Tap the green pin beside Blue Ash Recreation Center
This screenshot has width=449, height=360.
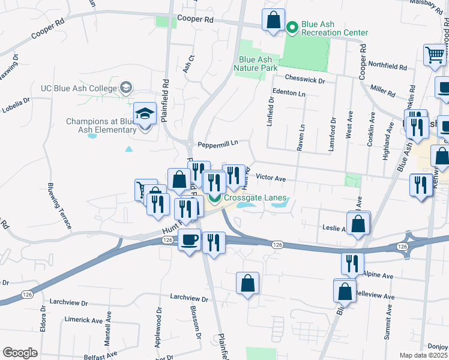[x=292, y=27]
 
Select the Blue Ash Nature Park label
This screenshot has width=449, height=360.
[x=258, y=64]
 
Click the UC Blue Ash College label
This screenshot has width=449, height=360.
[x=78, y=88]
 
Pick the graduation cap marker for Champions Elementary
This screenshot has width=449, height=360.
[x=145, y=113]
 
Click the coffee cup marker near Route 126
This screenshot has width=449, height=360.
[x=190, y=240]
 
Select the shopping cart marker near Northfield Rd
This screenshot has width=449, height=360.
[x=435, y=55]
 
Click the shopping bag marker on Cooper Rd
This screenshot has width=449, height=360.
[x=274, y=20]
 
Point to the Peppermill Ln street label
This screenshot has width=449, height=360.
[x=218, y=144]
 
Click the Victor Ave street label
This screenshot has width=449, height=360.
[x=271, y=178]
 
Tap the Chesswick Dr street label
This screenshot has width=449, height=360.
[x=305, y=79]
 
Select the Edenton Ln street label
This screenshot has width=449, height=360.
[x=289, y=94]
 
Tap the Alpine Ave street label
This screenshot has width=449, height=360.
[x=378, y=275]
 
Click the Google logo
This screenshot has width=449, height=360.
[x=20, y=353]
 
